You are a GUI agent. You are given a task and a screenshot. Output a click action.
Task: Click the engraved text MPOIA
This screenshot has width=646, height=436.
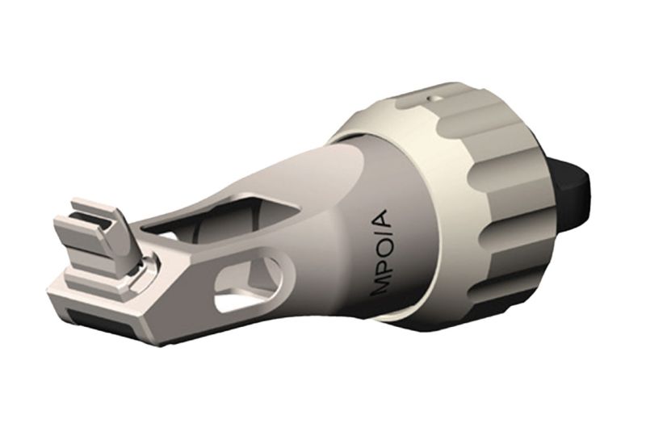(x=382, y=253)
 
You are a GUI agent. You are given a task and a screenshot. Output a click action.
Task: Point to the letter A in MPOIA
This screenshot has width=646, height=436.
(x=382, y=220)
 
